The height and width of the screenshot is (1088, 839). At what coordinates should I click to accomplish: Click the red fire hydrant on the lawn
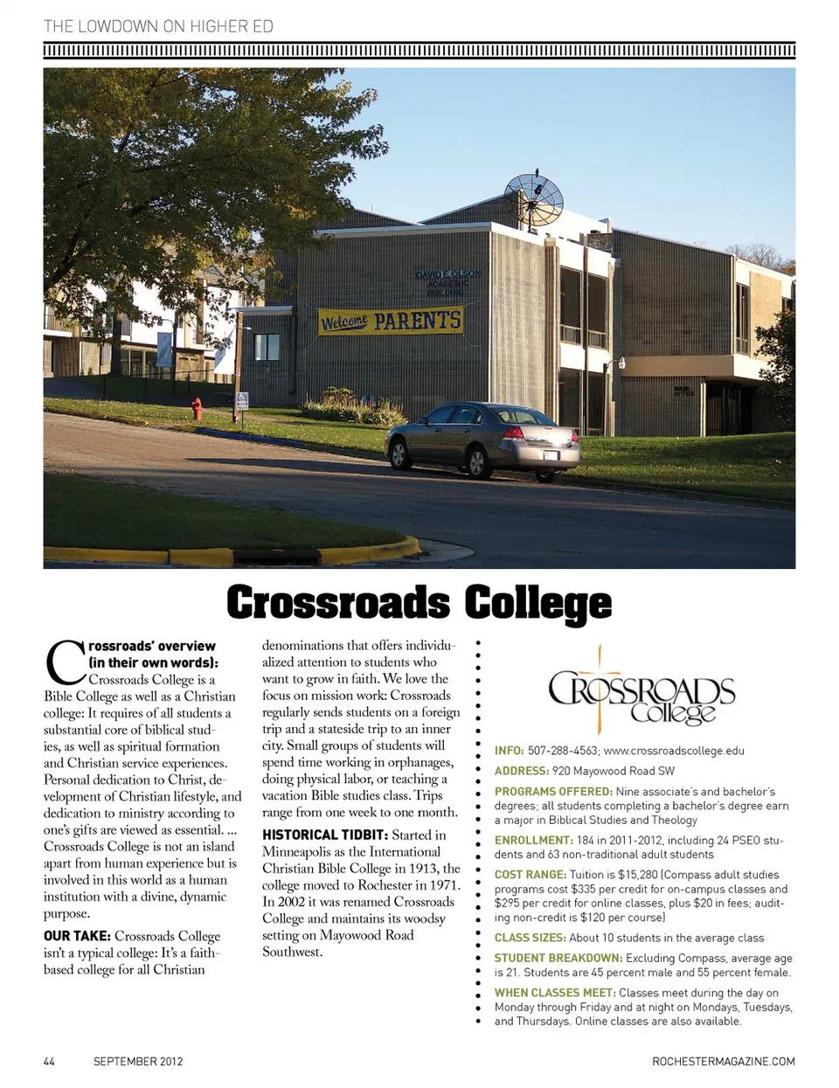197,408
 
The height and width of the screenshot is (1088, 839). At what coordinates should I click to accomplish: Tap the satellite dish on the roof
532,196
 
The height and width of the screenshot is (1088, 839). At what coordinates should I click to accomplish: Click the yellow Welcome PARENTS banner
390,321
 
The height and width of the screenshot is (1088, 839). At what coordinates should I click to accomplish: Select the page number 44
49,1062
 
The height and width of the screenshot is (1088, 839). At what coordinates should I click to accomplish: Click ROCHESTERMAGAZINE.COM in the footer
724,1062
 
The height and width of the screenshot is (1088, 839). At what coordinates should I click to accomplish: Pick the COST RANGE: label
530,874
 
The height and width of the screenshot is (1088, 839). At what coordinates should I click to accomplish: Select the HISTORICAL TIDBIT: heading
325,835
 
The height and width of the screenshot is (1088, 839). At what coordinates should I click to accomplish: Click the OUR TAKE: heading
77,936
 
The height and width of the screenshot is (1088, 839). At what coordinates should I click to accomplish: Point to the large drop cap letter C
64,662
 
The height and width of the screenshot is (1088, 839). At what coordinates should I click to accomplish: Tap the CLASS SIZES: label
530,938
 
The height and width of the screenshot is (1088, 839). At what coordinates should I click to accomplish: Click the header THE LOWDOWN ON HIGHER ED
158,26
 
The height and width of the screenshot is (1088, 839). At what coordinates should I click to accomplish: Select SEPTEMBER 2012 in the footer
138,1062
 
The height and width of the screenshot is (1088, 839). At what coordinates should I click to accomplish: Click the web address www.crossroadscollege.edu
674,750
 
